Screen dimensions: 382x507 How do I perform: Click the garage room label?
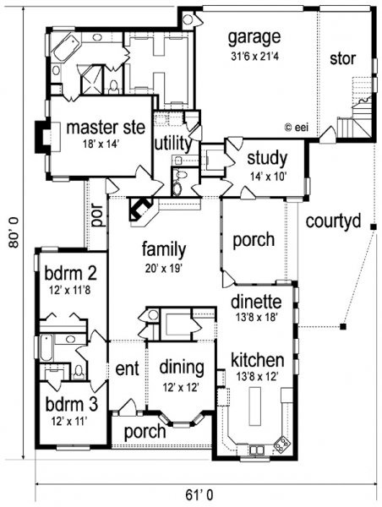pos(254,38)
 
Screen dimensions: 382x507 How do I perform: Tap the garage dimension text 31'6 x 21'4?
pos(254,57)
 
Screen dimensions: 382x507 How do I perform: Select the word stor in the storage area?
pos(342,58)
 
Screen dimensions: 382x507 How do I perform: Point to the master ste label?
pos(106,128)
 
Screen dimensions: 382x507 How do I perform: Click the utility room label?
pos(173,144)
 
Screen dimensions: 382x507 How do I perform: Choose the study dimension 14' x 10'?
pos(267,177)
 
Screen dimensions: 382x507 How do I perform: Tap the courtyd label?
pos(333,221)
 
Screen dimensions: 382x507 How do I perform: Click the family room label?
pos(164,250)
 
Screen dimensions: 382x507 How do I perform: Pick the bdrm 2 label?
pos(70,273)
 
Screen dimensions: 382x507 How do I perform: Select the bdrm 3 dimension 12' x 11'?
pos(69,422)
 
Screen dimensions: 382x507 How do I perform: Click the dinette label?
pos(256,302)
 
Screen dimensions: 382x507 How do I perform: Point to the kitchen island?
pos(255,406)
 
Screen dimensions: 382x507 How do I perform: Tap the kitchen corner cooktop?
pos(281,444)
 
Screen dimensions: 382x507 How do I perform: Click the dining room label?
pos(182,368)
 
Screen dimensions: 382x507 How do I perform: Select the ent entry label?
pos(127,369)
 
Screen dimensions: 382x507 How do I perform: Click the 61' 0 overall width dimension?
pos(199,494)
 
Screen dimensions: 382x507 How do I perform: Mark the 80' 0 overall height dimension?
pos(14,233)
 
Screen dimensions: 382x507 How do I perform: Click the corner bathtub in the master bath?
pos(67,48)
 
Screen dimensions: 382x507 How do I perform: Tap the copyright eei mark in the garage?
pos(297,128)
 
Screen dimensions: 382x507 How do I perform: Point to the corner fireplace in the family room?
pos(141,210)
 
